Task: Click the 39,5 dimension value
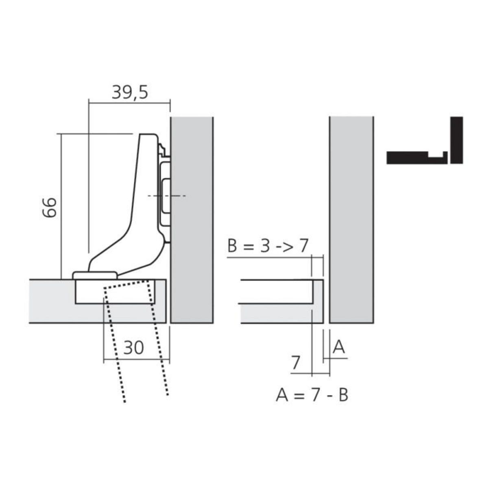pyautogui.click(x=130, y=93)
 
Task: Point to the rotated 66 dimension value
pyautogui.click(x=50, y=207)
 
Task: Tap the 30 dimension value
pyautogui.click(x=134, y=348)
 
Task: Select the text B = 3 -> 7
pyautogui.click(x=268, y=246)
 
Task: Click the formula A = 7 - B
pyautogui.click(x=312, y=395)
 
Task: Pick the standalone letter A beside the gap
pyautogui.click(x=339, y=348)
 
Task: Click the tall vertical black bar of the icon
pyautogui.click(x=457, y=140)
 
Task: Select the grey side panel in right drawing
pyautogui.click(x=351, y=220)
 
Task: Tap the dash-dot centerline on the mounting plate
pyautogui.click(x=167, y=196)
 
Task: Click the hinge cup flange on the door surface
pyautogui.click(x=96, y=275)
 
